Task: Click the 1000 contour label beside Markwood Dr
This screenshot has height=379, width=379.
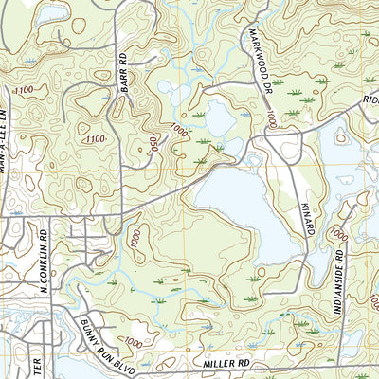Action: coord(272,120)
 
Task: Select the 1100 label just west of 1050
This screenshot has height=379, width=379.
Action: coord(95,139)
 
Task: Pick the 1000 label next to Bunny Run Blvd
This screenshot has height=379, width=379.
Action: coord(134,342)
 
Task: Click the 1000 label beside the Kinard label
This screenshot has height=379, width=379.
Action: coord(339,233)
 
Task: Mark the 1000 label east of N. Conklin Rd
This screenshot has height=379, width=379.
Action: coord(135,239)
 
